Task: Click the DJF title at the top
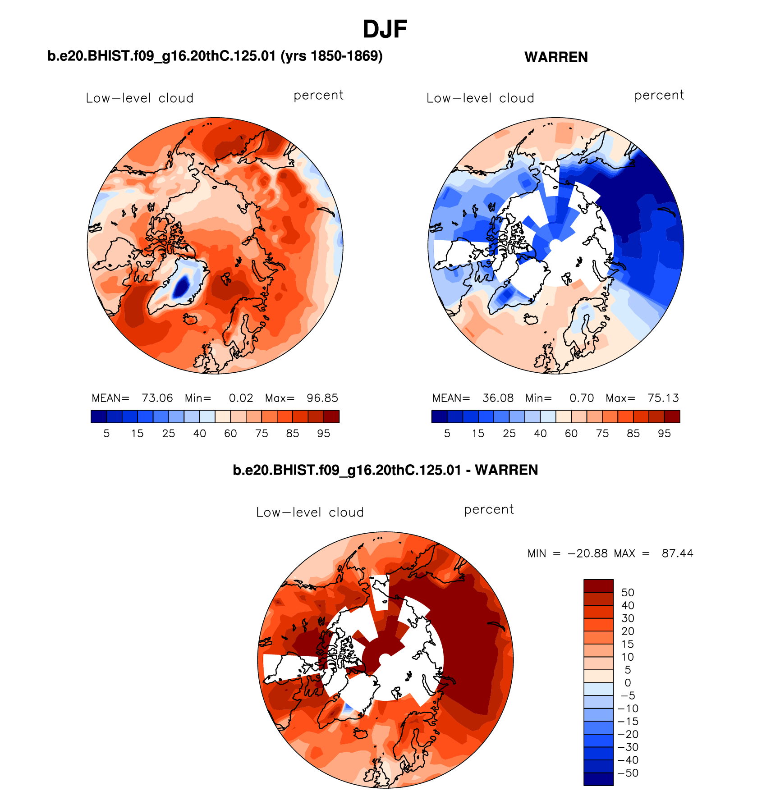tap(385, 30)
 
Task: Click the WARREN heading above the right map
tap(556, 57)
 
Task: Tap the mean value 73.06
tap(157, 398)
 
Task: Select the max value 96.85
tap(322, 398)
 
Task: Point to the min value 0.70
tap(581, 398)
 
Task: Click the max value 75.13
tap(663, 398)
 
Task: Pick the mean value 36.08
tap(498, 398)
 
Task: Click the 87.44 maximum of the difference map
tap(677, 553)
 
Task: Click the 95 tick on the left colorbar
tap(323, 434)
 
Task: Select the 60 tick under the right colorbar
tap(571, 434)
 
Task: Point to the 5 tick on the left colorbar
tap(106, 434)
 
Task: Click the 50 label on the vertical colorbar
tap(628, 593)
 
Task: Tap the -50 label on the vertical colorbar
tap(628, 773)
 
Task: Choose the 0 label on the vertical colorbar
tap(628, 683)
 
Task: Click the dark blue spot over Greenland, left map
tap(181, 287)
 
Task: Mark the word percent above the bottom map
tap(489, 509)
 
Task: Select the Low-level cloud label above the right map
tap(480, 98)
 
